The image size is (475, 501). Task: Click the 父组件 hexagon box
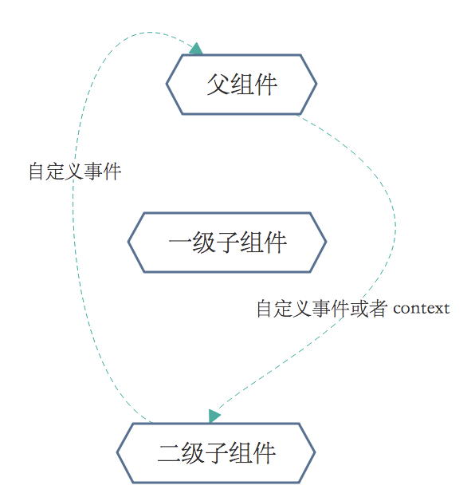click(241, 85)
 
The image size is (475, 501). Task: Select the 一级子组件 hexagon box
click(227, 243)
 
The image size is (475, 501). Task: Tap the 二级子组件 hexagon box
click(216, 453)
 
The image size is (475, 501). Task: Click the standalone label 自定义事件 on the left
click(75, 172)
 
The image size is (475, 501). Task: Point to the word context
click(421, 308)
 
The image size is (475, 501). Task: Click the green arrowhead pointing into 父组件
click(195, 49)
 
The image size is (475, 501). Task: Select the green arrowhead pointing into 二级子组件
click(214, 416)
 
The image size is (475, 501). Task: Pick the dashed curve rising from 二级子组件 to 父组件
click(73, 239)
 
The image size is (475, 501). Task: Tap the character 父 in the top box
click(218, 85)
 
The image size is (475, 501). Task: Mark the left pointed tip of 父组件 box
click(167, 85)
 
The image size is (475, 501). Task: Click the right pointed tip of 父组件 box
click(316, 85)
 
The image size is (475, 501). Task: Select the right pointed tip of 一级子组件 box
click(325, 243)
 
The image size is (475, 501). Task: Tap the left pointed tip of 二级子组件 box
click(119, 453)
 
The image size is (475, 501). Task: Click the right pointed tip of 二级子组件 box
click(314, 453)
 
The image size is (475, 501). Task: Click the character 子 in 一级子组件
click(227, 243)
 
